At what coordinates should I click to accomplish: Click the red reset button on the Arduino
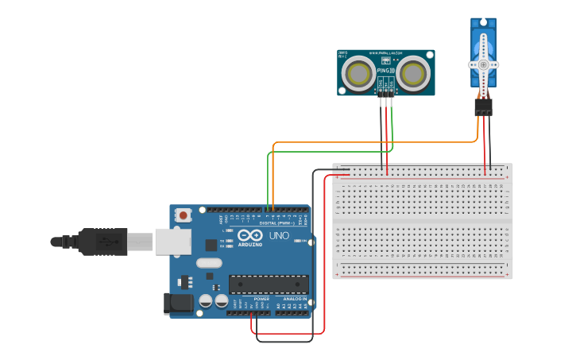pos(184,215)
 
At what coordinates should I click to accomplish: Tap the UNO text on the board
pos(280,236)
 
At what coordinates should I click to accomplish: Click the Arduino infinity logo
pos(249,236)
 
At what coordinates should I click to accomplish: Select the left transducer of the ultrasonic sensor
pos(359,74)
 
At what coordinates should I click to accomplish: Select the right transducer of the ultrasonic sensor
pos(413,74)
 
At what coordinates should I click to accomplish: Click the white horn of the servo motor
pos(483,64)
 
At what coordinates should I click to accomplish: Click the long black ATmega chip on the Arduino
pos(269,284)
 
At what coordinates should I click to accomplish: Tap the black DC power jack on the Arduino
pos(178,304)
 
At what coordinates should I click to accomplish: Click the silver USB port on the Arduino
pos(172,242)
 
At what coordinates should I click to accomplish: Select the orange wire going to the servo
pos(373,142)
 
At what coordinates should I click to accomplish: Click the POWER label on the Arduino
pos(261,299)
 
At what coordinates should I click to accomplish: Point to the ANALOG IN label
pos(293,299)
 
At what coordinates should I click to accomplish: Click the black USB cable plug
pos(102,242)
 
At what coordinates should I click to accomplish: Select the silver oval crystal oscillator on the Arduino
pos(209,263)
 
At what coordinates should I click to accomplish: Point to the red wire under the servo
pos(485,143)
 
